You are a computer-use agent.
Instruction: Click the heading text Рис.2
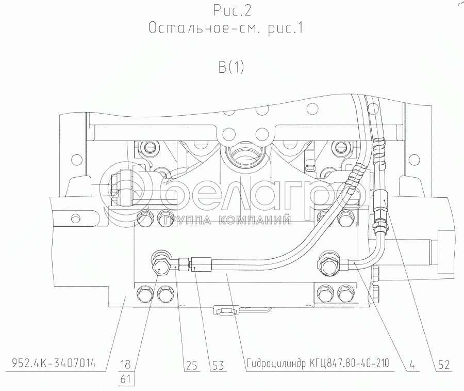click(x=232, y=11)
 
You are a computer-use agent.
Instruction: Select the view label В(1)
click(x=231, y=67)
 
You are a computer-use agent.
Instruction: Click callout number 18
click(x=126, y=364)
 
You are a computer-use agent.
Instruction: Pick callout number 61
click(x=126, y=379)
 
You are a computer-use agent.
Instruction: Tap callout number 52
click(x=443, y=365)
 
